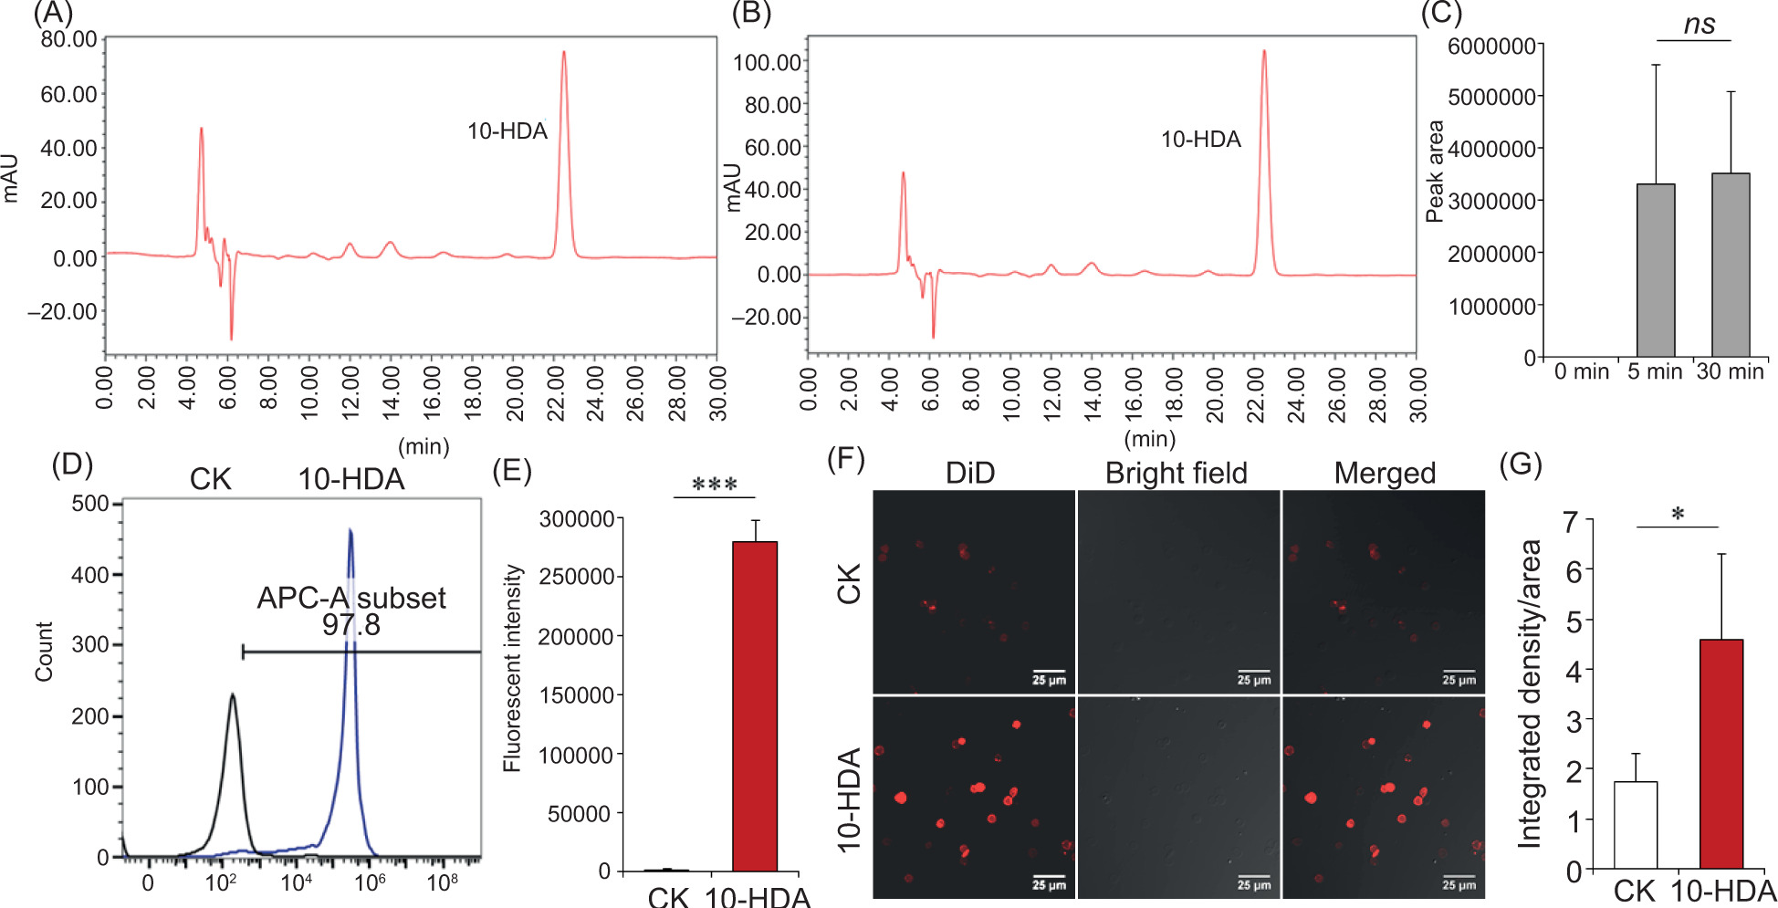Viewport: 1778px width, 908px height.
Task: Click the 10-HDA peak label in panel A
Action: click(507, 131)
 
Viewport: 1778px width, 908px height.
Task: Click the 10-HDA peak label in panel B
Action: click(1200, 140)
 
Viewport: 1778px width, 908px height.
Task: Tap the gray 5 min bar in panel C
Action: click(1655, 270)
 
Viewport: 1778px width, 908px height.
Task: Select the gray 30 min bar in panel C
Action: click(1730, 265)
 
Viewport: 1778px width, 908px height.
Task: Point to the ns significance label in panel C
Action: click(1699, 25)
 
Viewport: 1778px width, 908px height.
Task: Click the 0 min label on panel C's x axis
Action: click(1581, 371)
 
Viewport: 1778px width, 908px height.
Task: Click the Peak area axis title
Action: click(1435, 172)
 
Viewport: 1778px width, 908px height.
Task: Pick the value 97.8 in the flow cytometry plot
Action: click(350, 625)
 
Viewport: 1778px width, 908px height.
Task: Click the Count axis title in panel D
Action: click(44, 652)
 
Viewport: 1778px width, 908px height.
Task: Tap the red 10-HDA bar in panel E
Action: click(755, 706)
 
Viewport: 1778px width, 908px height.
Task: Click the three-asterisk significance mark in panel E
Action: click(715, 485)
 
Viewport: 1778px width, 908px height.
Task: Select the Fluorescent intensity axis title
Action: click(513, 668)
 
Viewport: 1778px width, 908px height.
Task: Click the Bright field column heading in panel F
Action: click(1176, 473)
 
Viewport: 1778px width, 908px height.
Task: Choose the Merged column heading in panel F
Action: click(1385, 473)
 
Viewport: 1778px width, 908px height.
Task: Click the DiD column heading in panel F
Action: click(969, 473)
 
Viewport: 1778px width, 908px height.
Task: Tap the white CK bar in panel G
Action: click(1635, 825)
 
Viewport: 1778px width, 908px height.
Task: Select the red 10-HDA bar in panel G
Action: click(1720, 754)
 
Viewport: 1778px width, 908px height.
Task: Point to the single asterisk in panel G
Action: click(1678, 515)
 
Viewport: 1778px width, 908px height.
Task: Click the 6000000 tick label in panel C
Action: click(1491, 46)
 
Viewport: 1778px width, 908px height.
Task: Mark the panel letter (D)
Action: click(72, 464)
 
